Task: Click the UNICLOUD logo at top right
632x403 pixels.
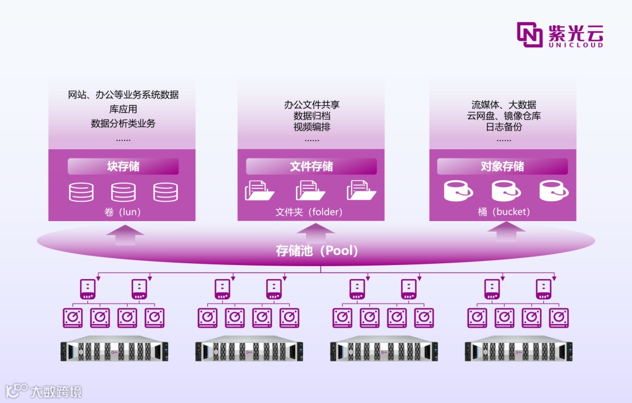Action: coord(559,35)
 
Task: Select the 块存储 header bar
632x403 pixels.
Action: coord(123,167)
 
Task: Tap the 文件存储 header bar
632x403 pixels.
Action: coord(311,167)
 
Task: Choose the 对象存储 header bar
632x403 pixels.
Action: coord(502,167)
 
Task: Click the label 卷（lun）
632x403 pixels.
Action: coord(122,212)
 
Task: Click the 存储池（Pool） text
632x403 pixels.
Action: coord(317,251)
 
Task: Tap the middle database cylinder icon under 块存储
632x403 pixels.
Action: coord(123,192)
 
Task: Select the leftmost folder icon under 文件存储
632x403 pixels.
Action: coord(259,191)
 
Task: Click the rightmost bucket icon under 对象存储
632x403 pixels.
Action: coord(554,191)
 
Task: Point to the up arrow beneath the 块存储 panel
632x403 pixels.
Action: coord(125,235)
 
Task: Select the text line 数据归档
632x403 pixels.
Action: coord(312,116)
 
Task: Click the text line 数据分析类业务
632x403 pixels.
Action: coord(123,123)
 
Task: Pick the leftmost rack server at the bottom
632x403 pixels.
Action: coord(114,350)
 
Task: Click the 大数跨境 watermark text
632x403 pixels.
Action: coord(56,391)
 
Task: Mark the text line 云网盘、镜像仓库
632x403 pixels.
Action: coord(504,116)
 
